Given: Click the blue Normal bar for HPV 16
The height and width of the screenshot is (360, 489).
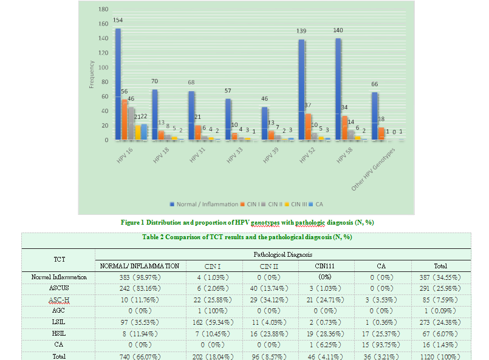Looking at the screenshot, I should pos(118,85).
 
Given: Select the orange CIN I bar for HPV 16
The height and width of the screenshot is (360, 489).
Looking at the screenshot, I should pos(125,120).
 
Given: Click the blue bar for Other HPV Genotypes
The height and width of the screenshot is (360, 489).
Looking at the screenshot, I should pos(374,116).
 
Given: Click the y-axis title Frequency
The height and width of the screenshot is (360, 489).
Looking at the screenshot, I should pos(92,75).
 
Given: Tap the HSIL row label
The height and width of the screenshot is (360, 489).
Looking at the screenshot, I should pos(59,335).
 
